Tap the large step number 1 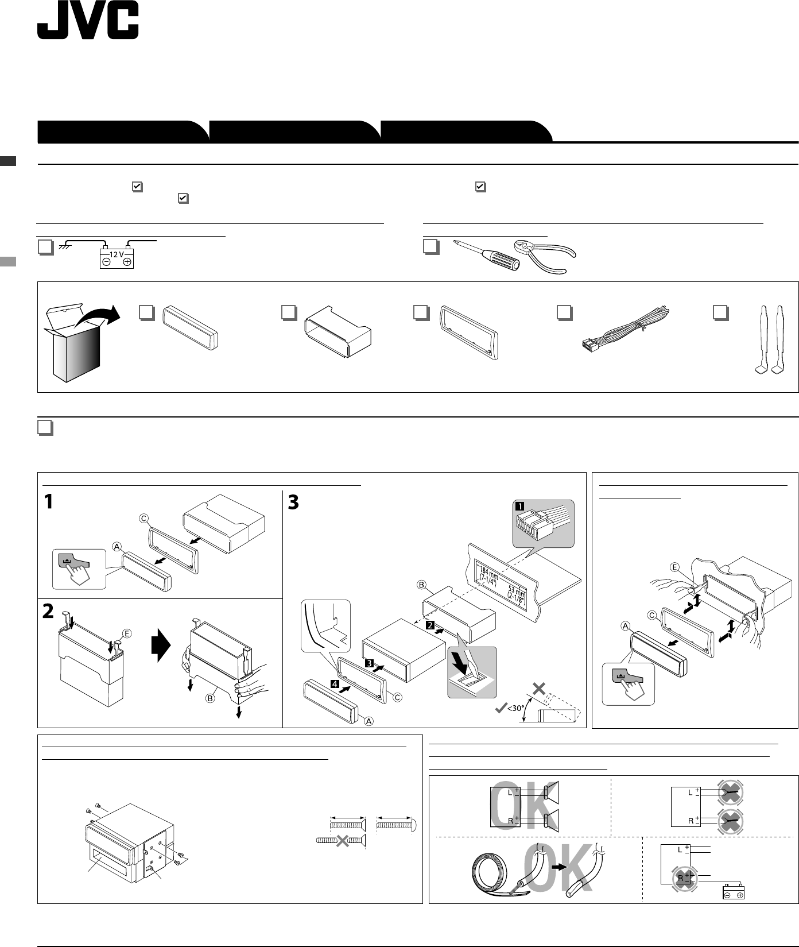[x=49, y=503]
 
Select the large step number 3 [x=293, y=503]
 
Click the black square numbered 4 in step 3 [x=334, y=683]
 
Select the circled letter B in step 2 [x=211, y=698]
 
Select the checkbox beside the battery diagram [x=45, y=247]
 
